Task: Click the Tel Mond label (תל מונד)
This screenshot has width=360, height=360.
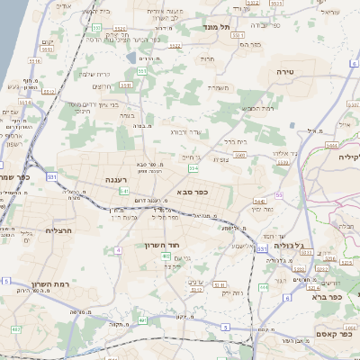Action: tap(219, 28)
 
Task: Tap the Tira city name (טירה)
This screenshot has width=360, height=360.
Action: tap(284, 68)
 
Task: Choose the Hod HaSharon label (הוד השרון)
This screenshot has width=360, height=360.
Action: tap(162, 244)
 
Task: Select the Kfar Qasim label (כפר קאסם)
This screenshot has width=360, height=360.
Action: tap(320, 334)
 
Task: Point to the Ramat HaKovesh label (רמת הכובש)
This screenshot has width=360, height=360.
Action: tap(256, 108)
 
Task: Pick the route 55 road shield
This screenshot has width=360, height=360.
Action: tap(279, 194)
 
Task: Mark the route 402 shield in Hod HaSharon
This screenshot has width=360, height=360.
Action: tap(166, 256)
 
